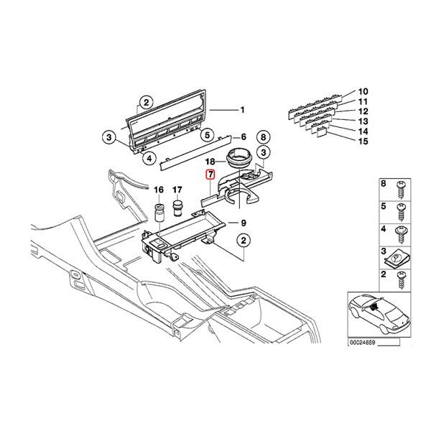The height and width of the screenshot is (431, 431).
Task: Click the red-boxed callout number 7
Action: [x=210, y=175]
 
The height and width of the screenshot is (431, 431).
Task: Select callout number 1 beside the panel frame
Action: [x=242, y=110]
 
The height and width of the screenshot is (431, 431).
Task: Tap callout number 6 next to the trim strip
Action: [x=243, y=136]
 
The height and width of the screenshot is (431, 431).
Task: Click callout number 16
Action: [x=159, y=190]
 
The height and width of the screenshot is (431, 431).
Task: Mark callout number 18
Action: [x=210, y=163]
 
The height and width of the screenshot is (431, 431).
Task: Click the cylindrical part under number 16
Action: [x=159, y=214]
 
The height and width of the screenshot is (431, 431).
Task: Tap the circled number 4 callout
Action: [x=149, y=159]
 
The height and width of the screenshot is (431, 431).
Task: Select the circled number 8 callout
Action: [x=263, y=136]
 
